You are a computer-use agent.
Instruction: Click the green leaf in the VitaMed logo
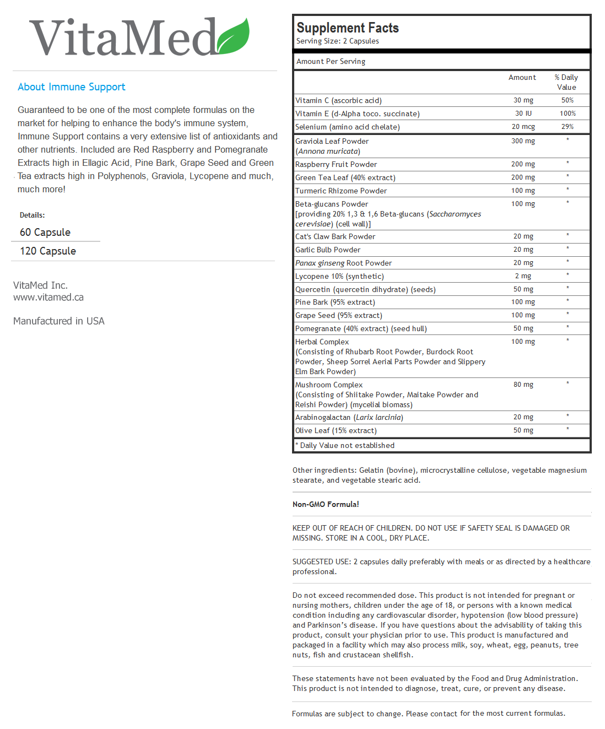coord(234,37)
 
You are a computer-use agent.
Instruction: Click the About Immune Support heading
coord(72,87)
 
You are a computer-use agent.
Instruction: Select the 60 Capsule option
coord(45,233)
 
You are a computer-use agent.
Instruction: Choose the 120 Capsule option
coord(48,251)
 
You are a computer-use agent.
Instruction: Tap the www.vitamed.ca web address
coord(48,298)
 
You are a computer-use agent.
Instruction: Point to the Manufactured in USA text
coord(59,321)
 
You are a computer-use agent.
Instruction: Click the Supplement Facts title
coord(348,28)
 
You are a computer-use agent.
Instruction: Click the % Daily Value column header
coord(566,82)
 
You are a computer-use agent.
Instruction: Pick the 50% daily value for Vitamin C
coord(568,100)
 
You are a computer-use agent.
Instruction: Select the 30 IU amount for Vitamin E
coord(523,114)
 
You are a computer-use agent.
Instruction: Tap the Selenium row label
coord(348,127)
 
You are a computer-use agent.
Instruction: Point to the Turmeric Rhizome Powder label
coord(341,191)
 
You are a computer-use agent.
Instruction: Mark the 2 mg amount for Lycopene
coord(523,276)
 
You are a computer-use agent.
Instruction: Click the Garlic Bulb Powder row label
coord(328,250)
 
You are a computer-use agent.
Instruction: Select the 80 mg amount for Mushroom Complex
coord(523,385)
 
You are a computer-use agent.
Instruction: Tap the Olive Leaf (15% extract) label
coord(336,431)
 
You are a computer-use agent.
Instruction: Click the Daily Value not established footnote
coord(347,446)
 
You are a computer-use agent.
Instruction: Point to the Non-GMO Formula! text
coord(326,505)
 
